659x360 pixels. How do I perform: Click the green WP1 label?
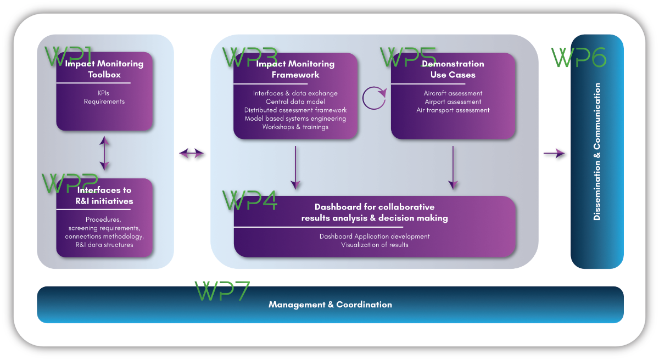coord(67,56)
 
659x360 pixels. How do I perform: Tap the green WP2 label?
coord(69,184)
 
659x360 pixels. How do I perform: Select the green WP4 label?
coord(250,201)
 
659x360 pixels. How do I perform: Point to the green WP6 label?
coord(579,57)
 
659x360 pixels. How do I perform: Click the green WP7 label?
coord(222,291)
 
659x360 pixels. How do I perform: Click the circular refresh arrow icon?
coord(375,97)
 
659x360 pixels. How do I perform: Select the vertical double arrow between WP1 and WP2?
coord(104,154)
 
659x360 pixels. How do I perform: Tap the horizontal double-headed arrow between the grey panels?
coord(192,154)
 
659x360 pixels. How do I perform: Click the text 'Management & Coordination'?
coord(330,305)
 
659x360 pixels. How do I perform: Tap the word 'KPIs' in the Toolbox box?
coord(104,93)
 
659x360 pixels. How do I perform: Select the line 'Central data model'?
coord(295,102)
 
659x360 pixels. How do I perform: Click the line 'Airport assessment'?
coord(453,102)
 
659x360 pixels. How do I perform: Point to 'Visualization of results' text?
coord(375,245)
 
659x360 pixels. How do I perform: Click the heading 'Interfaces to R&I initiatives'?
coord(104,195)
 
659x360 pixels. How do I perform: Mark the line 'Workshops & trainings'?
coord(295,127)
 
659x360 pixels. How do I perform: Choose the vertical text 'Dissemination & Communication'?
coord(597,151)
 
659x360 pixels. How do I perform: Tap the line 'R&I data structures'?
coord(104,245)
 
